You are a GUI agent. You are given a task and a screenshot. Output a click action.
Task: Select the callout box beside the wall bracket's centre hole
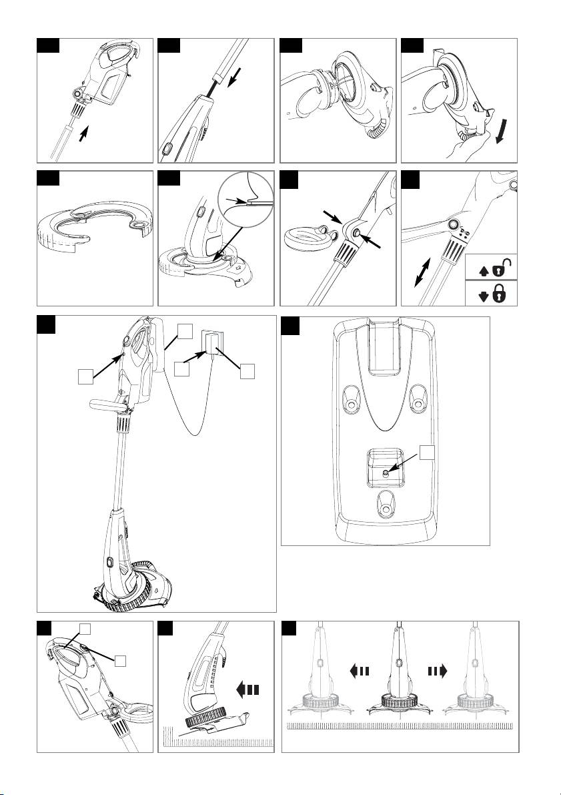[x=429, y=452]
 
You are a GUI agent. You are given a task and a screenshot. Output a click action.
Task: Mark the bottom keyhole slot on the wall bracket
[x=384, y=507]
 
